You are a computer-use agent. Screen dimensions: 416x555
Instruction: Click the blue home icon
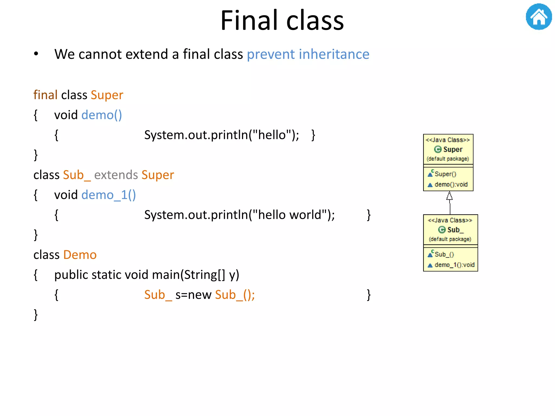point(538,17)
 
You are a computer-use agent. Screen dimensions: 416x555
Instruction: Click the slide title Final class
point(282,21)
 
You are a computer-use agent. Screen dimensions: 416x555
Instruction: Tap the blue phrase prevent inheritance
point(308,54)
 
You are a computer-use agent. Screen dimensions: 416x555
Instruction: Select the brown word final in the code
point(45,95)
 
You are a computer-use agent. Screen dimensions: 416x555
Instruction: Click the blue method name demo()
point(102,115)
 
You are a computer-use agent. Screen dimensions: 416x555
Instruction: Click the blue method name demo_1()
point(108,195)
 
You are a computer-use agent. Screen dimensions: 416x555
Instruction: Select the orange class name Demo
point(80,255)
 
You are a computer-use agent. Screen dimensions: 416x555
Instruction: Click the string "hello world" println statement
point(239,215)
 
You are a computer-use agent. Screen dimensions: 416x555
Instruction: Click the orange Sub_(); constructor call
point(235,295)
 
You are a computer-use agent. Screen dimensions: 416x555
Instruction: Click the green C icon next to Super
point(438,149)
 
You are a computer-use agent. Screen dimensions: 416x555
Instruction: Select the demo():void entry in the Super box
point(451,184)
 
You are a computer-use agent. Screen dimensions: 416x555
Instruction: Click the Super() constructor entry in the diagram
point(445,174)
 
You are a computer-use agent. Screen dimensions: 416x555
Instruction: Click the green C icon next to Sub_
point(442,230)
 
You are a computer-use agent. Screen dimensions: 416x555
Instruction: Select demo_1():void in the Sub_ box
point(454,265)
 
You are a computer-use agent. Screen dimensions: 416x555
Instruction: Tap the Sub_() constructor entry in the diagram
point(444,254)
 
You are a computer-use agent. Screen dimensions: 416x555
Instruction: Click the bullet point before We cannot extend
point(36,54)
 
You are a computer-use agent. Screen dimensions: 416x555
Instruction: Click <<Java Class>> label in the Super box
point(448,140)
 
